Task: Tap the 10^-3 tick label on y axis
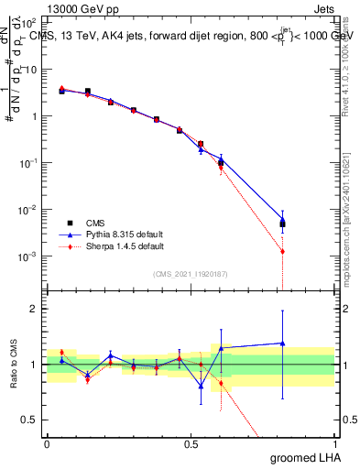coord(29,256)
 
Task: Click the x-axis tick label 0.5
coord(191,444)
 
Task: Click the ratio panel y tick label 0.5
coord(29,420)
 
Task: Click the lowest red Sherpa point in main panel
coord(282,251)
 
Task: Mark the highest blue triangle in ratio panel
coord(282,344)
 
